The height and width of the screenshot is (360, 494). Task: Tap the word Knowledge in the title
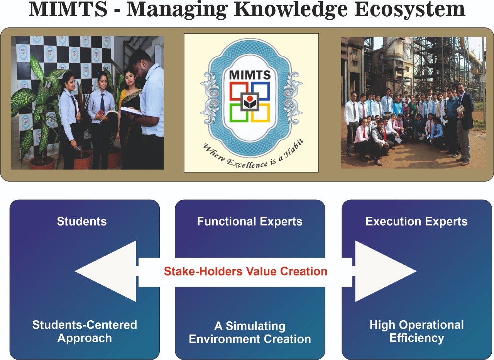tap(291, 10)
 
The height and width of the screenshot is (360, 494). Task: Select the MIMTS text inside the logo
tap(250, 75)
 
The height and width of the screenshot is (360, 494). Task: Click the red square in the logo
tap(238, 91)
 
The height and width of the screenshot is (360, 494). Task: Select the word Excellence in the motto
tap(247, 164)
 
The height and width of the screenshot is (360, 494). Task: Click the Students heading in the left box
tap(82, 221)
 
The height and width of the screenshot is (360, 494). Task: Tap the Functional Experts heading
tap(250, 222)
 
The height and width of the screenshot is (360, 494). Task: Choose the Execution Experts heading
tap(416, 222)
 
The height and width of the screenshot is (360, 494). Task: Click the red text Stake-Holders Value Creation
tap(245, 271)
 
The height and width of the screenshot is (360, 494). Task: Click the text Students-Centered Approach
tap(85, 331)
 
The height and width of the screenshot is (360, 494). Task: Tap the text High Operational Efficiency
tap(416, 331)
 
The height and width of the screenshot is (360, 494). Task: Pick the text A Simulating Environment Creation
tap(250, 333)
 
